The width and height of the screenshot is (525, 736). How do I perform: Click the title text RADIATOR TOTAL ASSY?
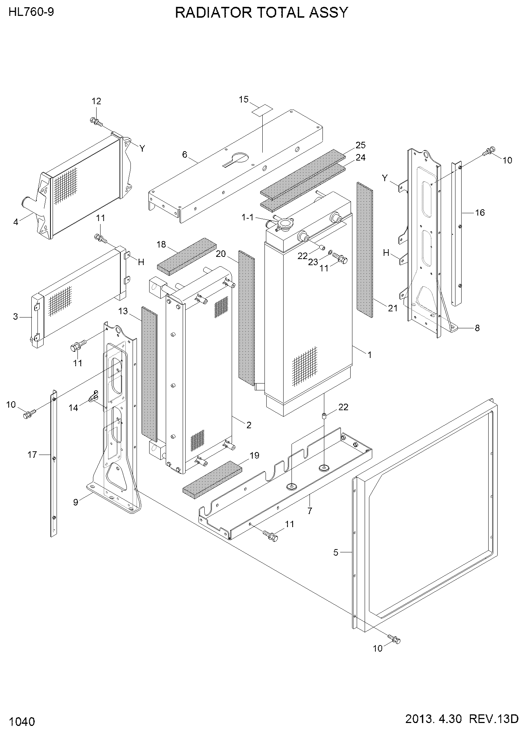[x=261, y=13]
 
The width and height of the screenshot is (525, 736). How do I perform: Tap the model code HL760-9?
[x=31, y=13]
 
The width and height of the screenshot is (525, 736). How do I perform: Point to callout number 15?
[x=244, y=99]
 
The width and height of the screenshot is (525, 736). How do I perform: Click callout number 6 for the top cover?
[x=185, y=155]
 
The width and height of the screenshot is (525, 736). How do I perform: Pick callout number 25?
[x=360, y=145]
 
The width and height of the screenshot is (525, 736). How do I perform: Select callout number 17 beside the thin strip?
[x=32, y=455]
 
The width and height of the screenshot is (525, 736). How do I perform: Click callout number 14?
[x=74, y=408]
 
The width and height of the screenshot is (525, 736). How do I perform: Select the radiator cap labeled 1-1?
[x=283, y=224]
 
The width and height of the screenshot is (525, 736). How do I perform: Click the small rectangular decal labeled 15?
[x=262, y=110]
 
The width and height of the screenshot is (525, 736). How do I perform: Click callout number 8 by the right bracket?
[x=477, y=328]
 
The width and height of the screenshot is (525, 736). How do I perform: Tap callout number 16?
[x=480, y=213]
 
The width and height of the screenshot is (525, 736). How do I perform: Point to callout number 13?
[x=123, y=311]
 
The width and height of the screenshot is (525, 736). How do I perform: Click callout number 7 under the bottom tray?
[x=310, y=511]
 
